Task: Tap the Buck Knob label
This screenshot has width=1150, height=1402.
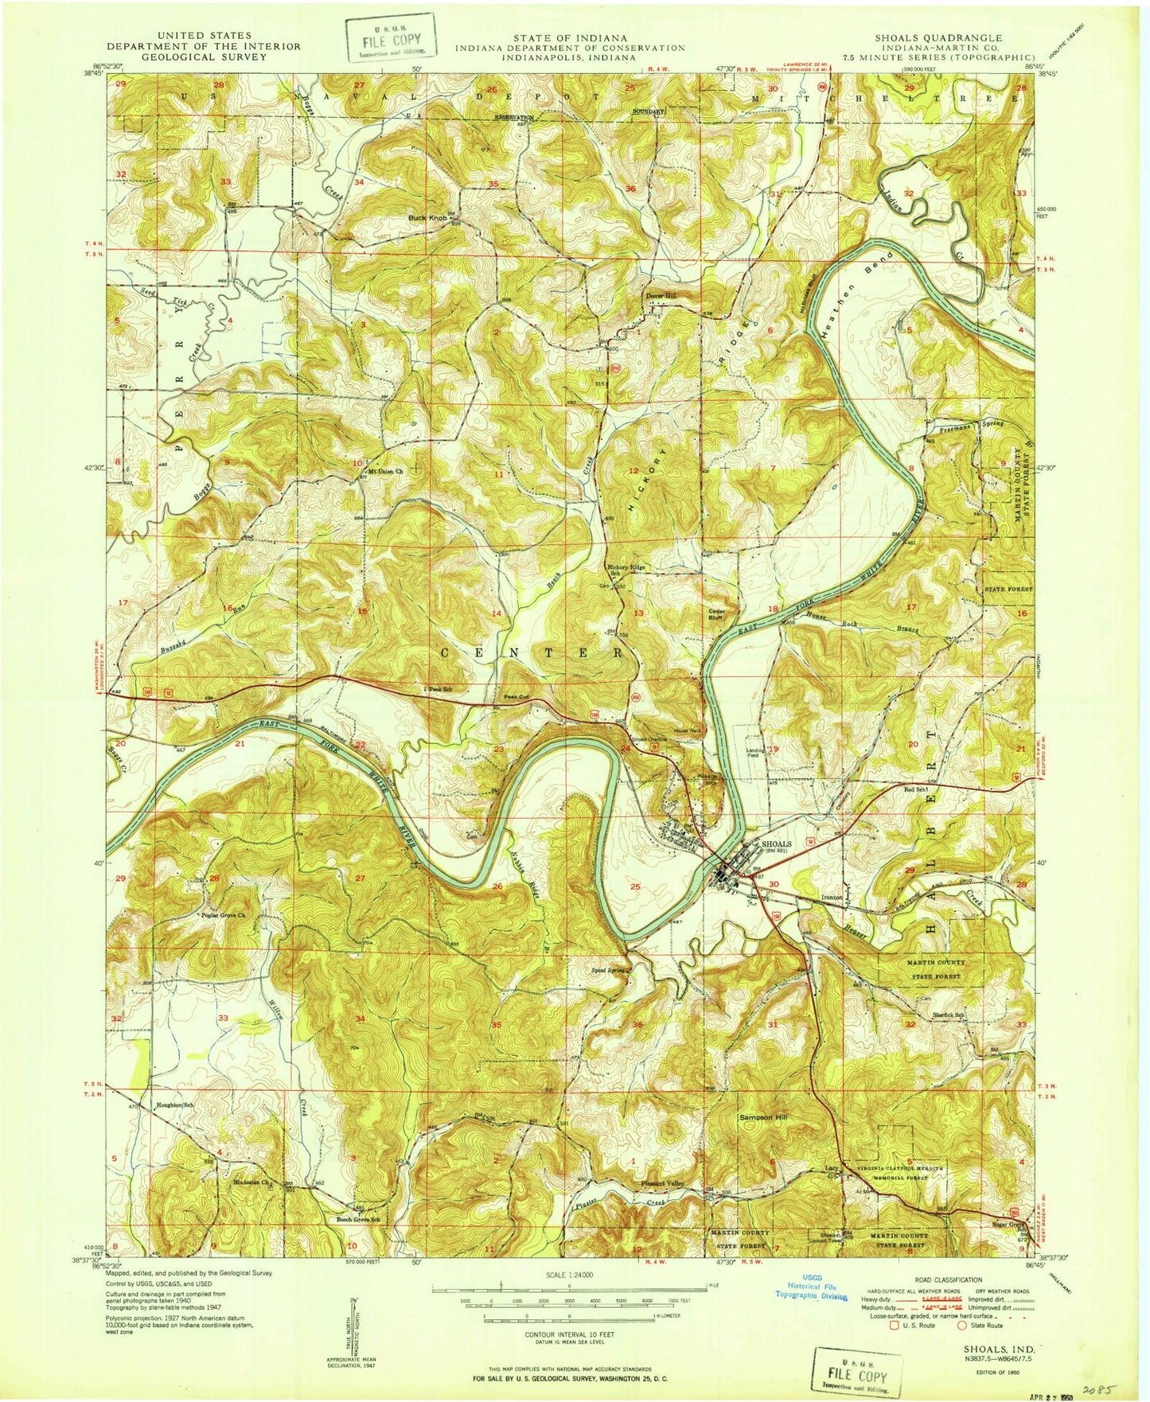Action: (x=427, y=217)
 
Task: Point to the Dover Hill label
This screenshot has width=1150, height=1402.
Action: (x=660, y=296)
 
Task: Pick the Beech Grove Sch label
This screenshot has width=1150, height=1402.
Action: (x=353, y=1219)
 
